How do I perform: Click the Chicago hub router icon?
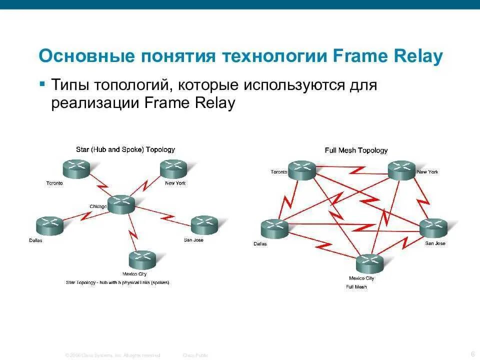click(121, 204)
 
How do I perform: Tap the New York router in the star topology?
click(173, 169)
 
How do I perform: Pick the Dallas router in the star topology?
click(49, 226)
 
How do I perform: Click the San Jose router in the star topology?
click(204, 225)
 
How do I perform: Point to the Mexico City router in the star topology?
click(142, 259)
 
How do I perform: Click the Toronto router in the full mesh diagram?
click(302, 170)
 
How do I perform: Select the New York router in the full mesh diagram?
click(402, 170)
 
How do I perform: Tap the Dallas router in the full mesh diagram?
click(274, 228)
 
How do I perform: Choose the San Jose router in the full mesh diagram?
click(433, 228)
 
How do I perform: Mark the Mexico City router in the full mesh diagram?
click(369, 263)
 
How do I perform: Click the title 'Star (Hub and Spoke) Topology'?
click(125, 149)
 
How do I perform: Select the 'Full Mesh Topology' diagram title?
click(356, 150)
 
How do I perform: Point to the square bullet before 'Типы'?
click(42, 82)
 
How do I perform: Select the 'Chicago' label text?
click(98, 206)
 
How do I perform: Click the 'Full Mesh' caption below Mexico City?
click(356, 287)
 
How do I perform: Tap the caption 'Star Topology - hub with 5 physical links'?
click(117, 282)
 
